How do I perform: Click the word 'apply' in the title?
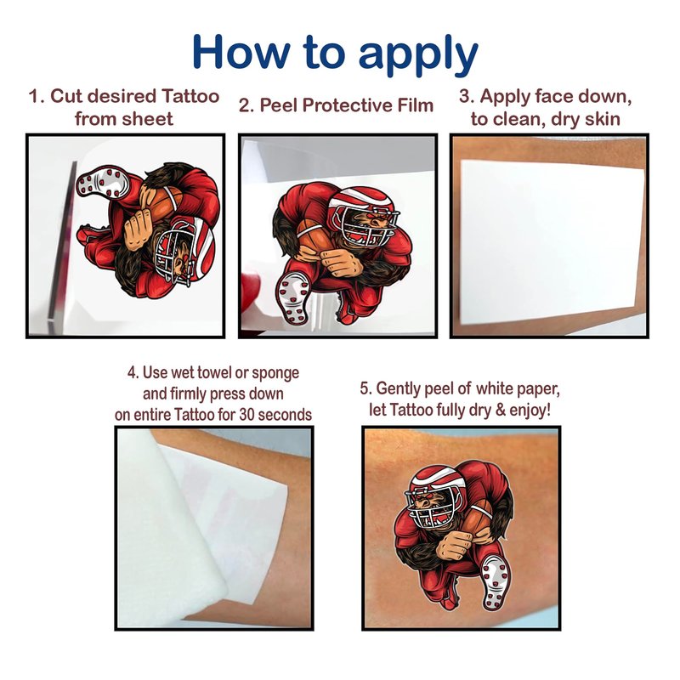418,54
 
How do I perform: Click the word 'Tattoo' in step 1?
190,96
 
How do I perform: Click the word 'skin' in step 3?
602,119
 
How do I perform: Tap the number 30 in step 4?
246,415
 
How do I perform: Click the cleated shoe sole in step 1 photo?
102,181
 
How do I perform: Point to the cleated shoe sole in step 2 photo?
294,298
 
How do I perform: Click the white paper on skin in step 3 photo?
552,241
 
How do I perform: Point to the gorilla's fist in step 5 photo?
452,543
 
